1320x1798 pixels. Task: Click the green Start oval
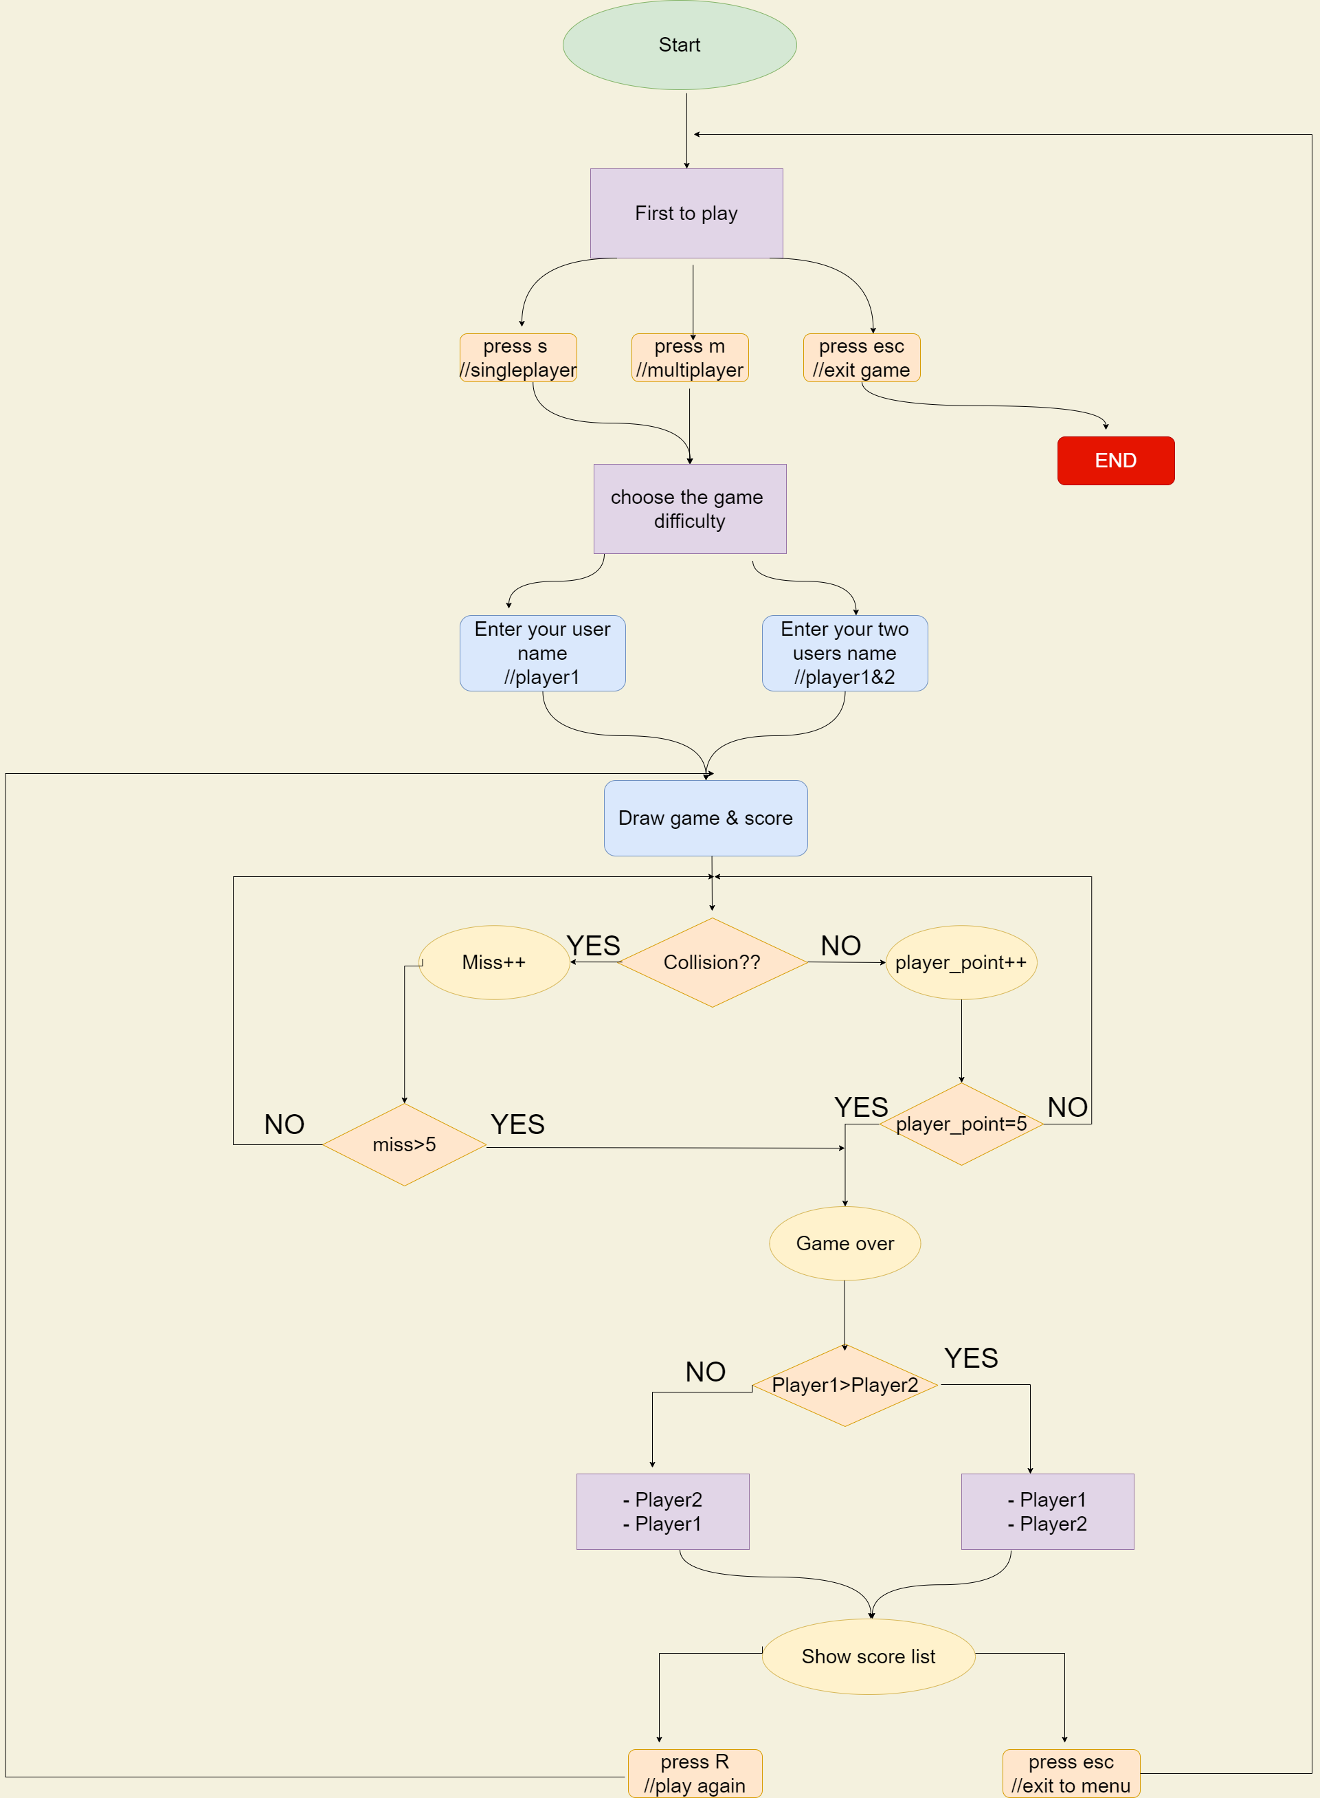(679, 45)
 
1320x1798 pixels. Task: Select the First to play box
(686, 213)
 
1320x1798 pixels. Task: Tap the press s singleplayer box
(518, 358)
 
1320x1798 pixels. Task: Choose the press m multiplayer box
(690, 358)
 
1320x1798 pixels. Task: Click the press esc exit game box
(862, 358)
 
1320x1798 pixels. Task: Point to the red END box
(1115, 460)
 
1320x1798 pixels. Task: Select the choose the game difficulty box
(690, 509)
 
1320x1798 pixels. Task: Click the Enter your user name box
(543, 653)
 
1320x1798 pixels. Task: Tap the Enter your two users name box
(844, 653)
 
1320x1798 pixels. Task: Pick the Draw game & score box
(706, 819)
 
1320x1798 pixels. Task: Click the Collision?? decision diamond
(712, 962)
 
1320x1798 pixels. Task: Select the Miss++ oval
(494, 962)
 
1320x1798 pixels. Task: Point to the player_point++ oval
(961, 962)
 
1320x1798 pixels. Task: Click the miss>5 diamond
(404, 1144)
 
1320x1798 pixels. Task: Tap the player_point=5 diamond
(961, 1124)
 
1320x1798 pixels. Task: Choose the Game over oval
(844, 1243)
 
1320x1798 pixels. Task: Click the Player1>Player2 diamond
(844, 1385)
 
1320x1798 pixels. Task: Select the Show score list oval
(869, 1656)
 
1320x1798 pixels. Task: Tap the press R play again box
(695, 1773)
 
